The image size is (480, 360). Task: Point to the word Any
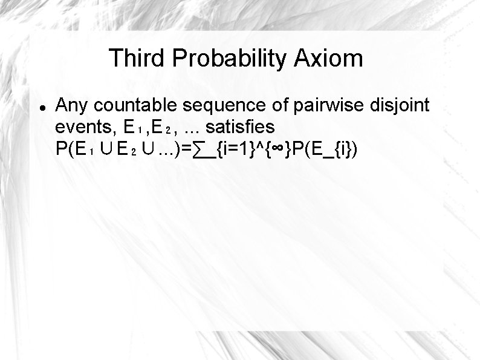click(x=71, y=106)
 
